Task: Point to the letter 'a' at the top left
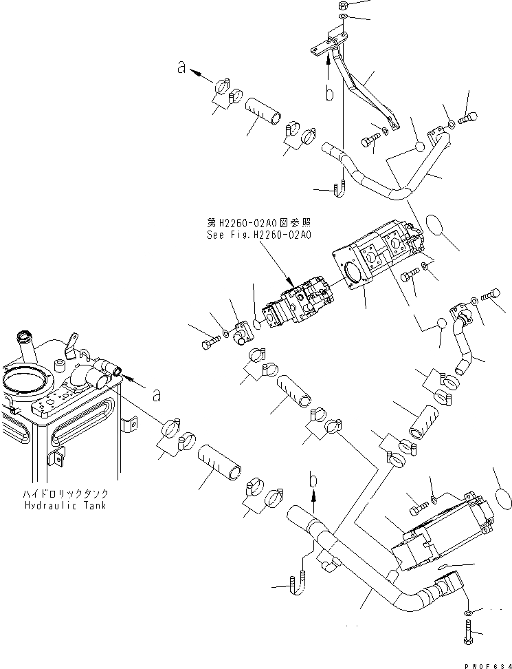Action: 181,67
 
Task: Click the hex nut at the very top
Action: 343,6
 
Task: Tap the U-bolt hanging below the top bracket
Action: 339,188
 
